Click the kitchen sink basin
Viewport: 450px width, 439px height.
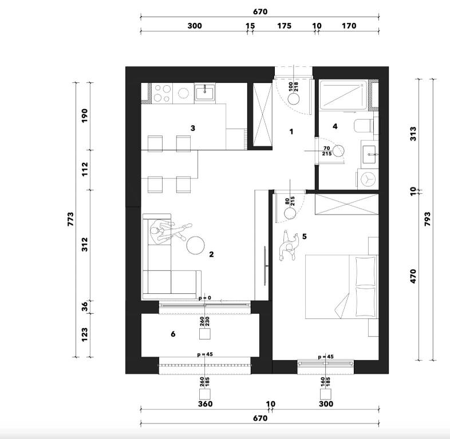pyautogui.click(x=204, y=93)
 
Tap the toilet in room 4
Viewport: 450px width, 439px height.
pyautogui.click(x=364, y=126)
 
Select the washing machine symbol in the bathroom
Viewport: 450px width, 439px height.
pyautogui.click(x=368, y=179)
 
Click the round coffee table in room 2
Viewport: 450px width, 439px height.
pyautogui.click(x=195, y=245)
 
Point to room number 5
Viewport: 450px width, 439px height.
pyautogui.click(x=305, y=237)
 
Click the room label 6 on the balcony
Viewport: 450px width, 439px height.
pyautogui.click(x=173, y=334)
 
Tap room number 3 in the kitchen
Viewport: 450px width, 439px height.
pyautogui.click(x=193, y=128)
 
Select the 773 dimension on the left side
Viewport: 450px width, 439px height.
pyautogui.click(x=70, y=219)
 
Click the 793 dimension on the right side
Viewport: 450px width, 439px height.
pyautogui.click(x=427, y=219)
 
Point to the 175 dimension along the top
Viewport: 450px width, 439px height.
pyautogui.click(x=284, y=26)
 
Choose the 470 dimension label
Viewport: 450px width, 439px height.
pyautogui.click(x=413, y=276)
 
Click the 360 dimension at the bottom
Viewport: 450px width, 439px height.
pyautogui.click(x=206, y=404)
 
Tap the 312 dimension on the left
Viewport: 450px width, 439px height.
pyautogui.click(x=85, y=245)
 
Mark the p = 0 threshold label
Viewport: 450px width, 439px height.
pyautogui.click(x=205, y=298)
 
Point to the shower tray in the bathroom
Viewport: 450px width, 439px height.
pyautogui.click(x=344, y=95)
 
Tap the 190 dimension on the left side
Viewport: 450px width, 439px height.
pyautogui.click(x=85, y=115)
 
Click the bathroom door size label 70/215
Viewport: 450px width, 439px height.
pyautogui.click(x=327, y=151)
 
